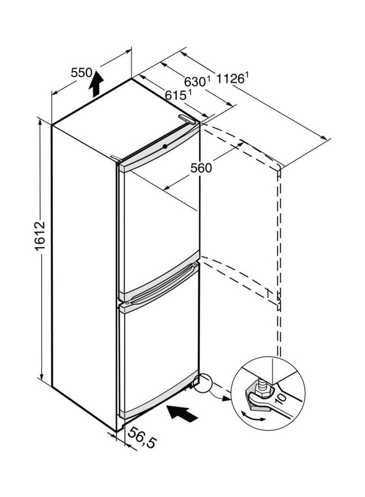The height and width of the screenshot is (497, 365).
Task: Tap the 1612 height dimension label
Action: point(40,236)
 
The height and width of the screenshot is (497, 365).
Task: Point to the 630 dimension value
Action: point(195,82)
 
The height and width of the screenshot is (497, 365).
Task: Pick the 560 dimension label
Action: point(201,168)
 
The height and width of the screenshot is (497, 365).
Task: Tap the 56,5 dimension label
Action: point(142,436)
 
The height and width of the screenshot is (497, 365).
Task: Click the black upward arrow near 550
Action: point(96,85)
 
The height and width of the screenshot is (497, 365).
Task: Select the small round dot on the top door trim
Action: point(165,146)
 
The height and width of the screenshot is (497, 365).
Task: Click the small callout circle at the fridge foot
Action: point(203,383)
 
